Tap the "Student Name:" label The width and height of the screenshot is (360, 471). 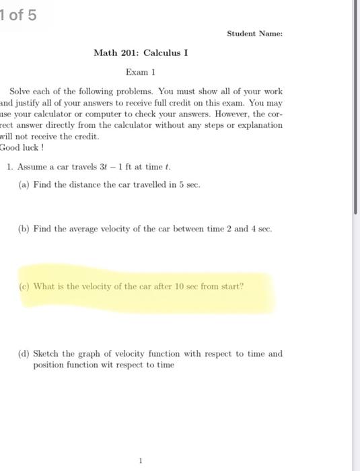pos(254,33)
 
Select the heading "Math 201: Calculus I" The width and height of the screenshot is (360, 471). pos(141,52)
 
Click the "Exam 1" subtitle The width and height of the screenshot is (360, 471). pos(141,71)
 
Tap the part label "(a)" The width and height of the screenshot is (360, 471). pos(25,184)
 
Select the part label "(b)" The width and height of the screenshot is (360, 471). pos(25,229)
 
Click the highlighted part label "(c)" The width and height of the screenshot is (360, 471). pos(25,286)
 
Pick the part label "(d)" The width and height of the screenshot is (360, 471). pos(25,353)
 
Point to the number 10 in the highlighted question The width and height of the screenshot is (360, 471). pos(177,286)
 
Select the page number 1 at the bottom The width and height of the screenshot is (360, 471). pos(141,460)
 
